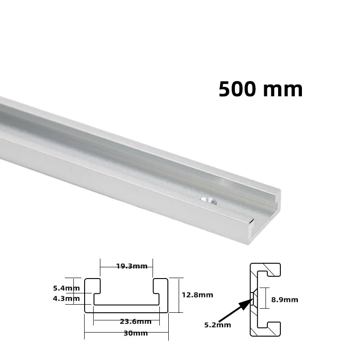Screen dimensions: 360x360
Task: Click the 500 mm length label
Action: (261, 89)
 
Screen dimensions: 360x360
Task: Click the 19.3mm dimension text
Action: (131, 266)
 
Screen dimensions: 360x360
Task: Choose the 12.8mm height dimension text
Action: (197, 295)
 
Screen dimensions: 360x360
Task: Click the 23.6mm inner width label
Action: (135, 321)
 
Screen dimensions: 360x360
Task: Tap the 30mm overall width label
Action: (135, 333)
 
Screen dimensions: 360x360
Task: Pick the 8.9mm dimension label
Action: (284, 299)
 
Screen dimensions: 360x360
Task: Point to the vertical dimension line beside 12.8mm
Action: (180, 295)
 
